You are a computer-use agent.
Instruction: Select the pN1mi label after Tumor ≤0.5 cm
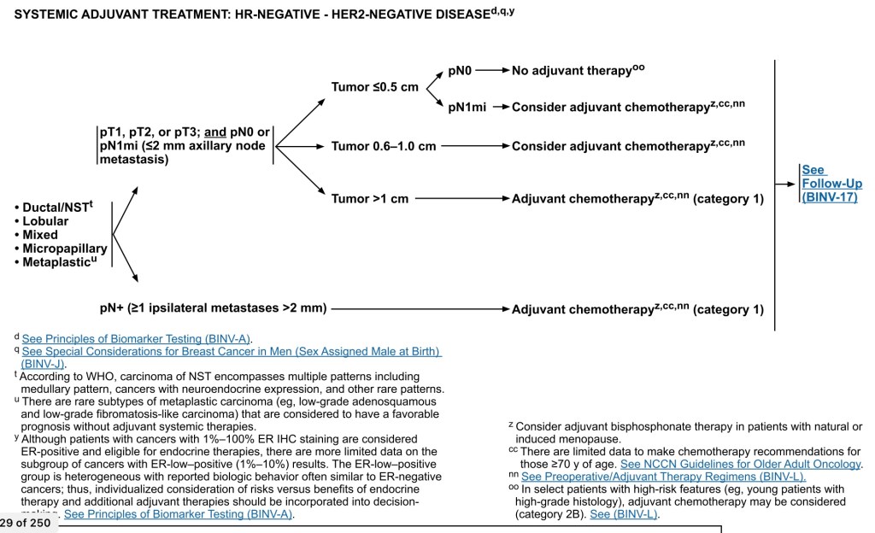pos(467,107)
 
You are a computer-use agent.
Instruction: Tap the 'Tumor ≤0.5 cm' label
pos(375,86)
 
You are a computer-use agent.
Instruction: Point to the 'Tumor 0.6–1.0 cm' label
pos(384,146)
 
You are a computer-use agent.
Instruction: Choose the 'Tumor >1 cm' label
pos(370,199)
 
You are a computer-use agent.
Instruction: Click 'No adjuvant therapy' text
pos(572,71)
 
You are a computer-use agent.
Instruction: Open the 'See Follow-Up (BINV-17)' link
pos(831,184)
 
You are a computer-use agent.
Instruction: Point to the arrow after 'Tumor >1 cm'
pos(461,199)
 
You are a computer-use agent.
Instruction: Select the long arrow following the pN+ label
pos(419,308)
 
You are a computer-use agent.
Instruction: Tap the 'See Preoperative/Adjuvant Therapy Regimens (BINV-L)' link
pos(663,477)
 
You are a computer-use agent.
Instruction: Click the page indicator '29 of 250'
pos(26,523)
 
